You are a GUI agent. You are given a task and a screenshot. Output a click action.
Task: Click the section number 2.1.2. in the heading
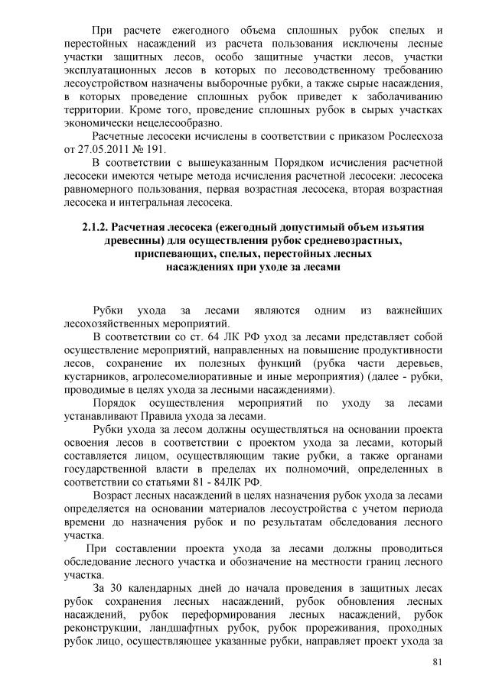[x=97, y=227]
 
